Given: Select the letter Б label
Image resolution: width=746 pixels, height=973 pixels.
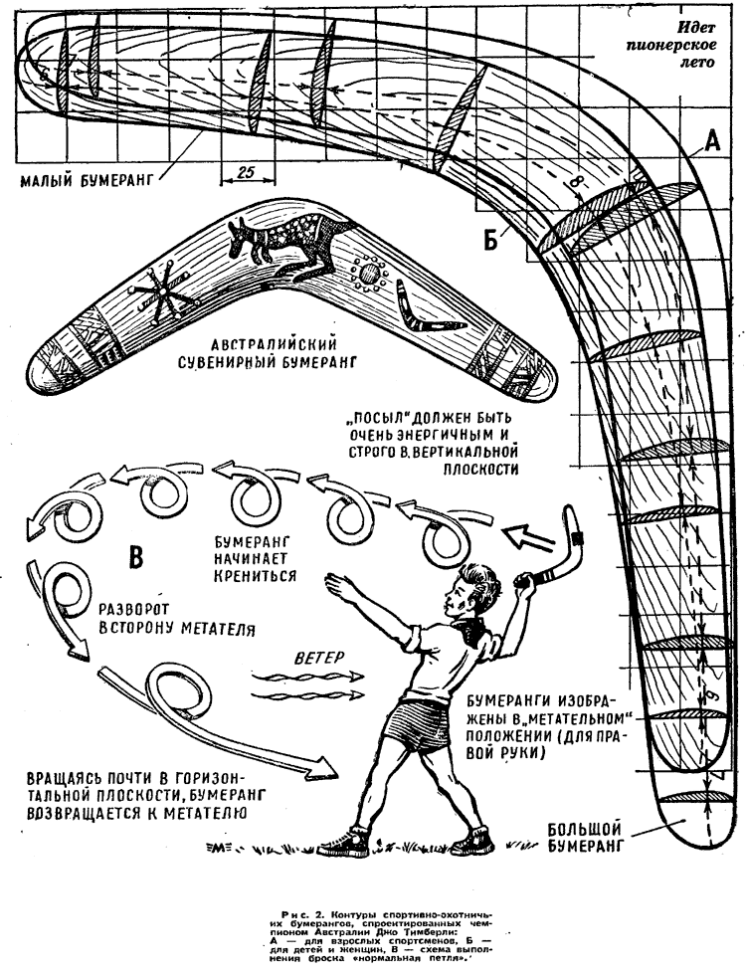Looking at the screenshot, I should [x=491, y=238].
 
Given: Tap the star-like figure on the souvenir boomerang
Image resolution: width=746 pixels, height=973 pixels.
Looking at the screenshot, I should [x=159, y=292].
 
